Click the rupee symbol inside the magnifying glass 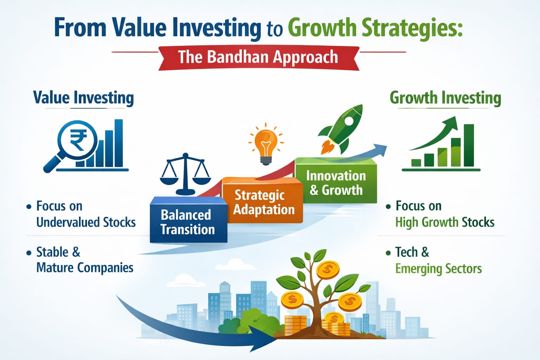[x=78, y=140]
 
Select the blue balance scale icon [x=185, y=174]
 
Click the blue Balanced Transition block [x=188, y=219]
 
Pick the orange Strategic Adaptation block [x=263, y=200]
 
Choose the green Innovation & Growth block [x=336, y=180]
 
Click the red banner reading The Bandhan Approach [x=259, y=58]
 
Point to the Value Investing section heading [x=83, y=98]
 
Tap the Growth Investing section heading [x=445, y=98]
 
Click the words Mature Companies [x=85, y=268]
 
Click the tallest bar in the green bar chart [x=469, y=145]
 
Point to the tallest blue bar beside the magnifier [x=118, y=143]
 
